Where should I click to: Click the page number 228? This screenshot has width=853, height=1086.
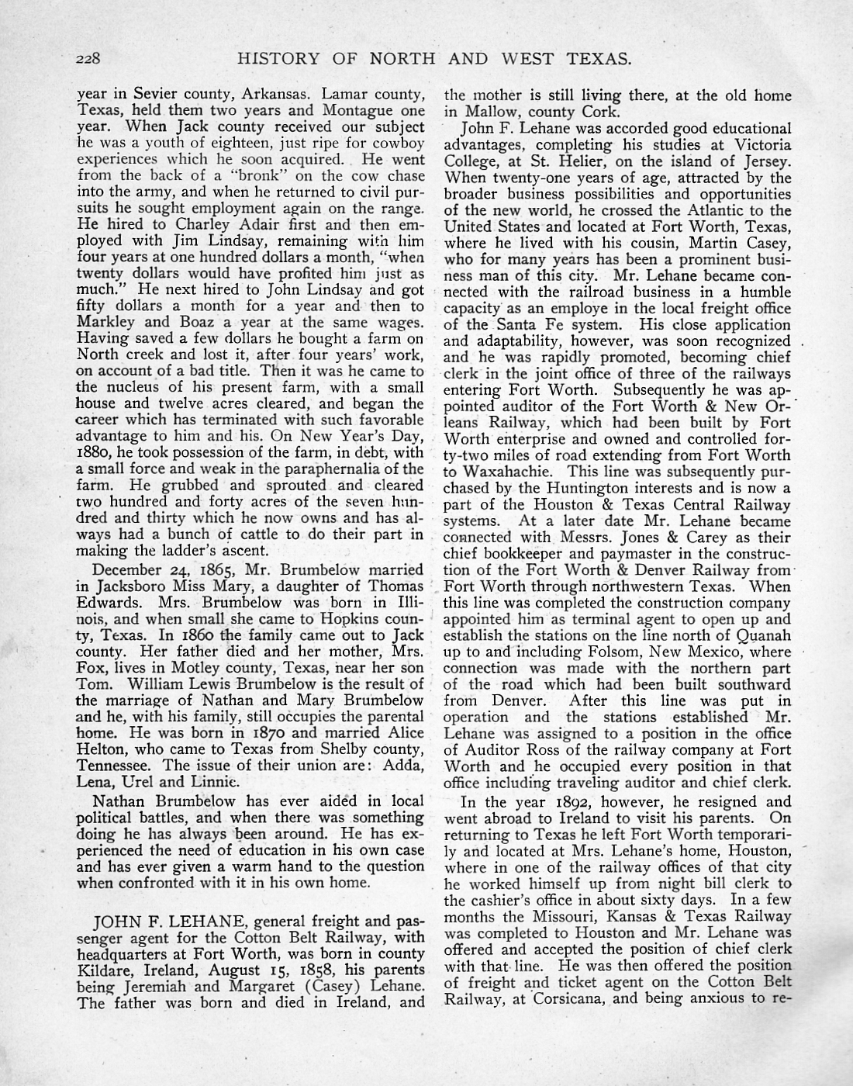[96, 58]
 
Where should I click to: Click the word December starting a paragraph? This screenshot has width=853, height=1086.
[129, 570]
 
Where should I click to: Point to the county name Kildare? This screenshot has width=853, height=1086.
[102, 970]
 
